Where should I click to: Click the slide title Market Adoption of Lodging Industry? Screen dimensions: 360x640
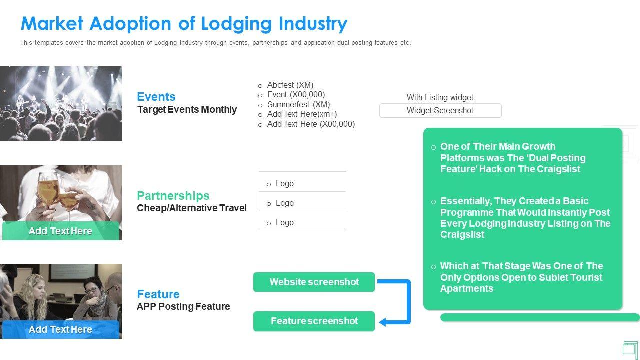184,23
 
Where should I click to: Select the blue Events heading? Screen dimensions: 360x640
156,97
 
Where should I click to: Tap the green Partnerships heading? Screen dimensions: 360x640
173,196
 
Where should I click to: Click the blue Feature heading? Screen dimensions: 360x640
158,294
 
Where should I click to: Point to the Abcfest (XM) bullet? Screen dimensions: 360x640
290,85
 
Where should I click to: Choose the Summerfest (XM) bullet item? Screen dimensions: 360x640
298,105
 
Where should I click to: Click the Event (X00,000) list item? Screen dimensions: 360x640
296,95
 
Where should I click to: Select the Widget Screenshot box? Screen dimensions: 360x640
440,111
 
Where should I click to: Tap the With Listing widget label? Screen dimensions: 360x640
440,98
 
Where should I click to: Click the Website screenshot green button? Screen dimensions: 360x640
314,282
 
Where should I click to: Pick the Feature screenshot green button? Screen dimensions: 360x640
314,321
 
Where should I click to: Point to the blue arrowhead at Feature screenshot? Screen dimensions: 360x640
383,322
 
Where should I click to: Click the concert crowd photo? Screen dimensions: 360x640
60,104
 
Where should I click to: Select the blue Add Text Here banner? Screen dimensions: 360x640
60,330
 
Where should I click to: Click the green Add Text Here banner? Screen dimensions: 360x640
60,231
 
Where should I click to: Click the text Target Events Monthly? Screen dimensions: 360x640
187,110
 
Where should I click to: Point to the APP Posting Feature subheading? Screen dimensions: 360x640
183,307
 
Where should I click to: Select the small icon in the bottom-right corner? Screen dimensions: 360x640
630,348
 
